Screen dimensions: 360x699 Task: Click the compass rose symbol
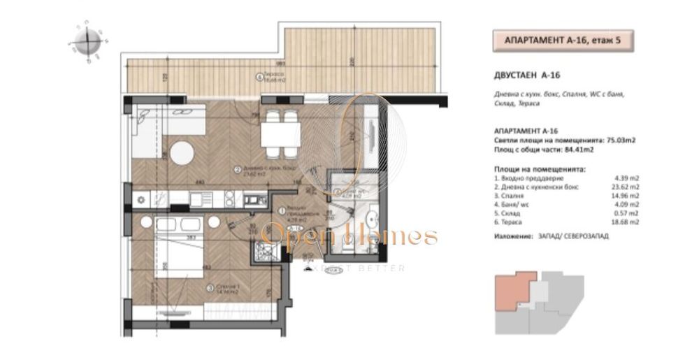[x=84, y=43]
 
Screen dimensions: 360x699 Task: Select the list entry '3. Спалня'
[x=512, y=197]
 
